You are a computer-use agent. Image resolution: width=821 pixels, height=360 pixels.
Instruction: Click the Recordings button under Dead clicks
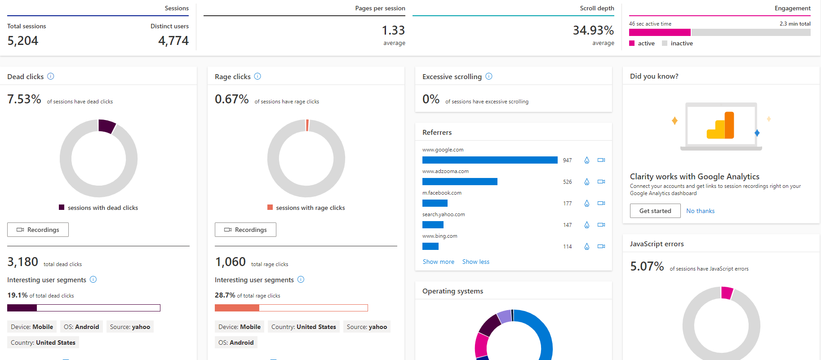coord(38,230)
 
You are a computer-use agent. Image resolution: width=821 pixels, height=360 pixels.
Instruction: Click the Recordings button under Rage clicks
coord(245,230)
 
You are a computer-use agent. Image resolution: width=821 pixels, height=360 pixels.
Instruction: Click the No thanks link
coord(700,211)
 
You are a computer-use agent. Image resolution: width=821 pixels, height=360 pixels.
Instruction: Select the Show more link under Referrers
coord(438,262)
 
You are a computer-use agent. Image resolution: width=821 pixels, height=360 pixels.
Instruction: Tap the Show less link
coord(475,262)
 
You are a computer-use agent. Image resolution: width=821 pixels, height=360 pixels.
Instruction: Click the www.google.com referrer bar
coord(490,160)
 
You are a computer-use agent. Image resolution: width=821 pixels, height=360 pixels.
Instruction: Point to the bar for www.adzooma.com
coord(460,182)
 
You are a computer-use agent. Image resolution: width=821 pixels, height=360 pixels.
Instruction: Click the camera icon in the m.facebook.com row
coord(601,203)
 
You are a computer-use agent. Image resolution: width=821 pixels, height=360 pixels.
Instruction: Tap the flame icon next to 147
coord(586,225)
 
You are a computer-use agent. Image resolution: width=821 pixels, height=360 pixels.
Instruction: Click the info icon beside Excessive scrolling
coord(489,76)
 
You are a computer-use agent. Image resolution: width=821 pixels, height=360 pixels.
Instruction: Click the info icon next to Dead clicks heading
coord(51,76)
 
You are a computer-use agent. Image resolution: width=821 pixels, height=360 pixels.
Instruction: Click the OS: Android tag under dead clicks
coord(81,327)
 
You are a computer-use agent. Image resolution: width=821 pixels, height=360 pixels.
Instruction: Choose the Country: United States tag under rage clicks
coord(303,327)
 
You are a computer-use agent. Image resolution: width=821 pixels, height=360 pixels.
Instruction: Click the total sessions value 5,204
coord(23,40)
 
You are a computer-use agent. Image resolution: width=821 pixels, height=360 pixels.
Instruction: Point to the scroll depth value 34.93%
coord(593,30)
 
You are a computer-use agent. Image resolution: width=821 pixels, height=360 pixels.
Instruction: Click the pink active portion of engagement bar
coord(659,32)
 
